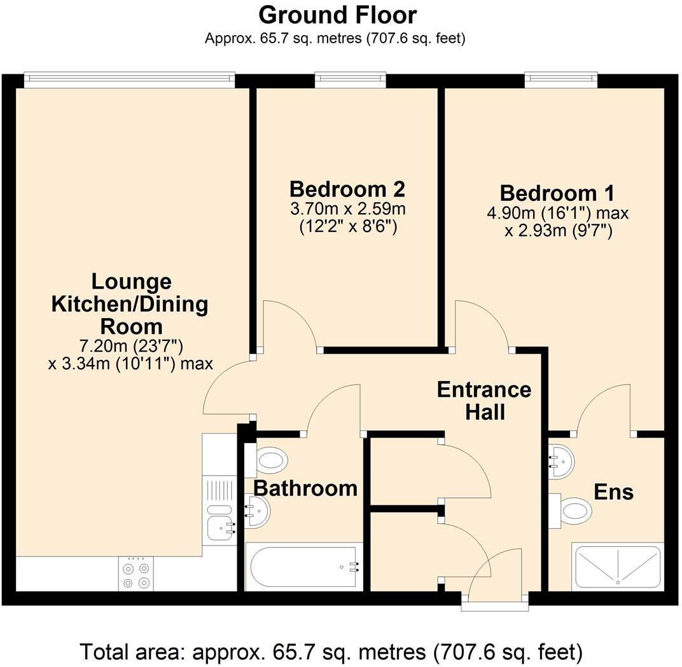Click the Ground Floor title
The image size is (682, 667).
click(x=338, y=15)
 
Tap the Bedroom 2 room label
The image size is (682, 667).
click(x=347, y=189)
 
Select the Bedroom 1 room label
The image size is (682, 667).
click(x=557, y=193)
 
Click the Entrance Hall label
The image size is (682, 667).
click(x=484, y=400)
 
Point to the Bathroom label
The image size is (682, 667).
click(x=305, y=488)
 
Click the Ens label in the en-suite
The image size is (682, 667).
click(x=613, y=492)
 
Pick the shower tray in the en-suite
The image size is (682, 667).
click(x=617, y=566)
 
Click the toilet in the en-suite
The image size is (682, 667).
click(x=571, y=510)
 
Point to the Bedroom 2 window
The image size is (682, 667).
click(x=351, y=79)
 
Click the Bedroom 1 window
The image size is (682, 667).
click(x=562, y=79)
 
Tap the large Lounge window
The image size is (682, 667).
click(x=129, y=79)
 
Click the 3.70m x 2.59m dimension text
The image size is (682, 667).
click(x=347, y=209)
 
